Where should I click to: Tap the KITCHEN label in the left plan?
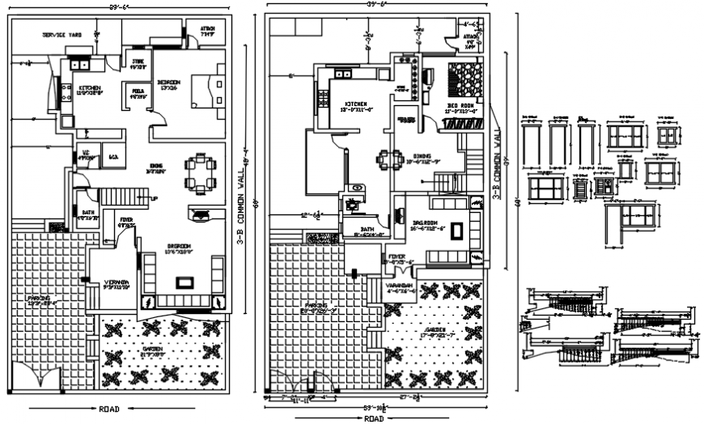(x=89, y=88)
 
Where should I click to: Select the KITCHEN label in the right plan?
(x=356, y=104)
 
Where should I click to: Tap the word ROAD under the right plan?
(x=374, y=418)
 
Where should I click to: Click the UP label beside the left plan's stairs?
(x=153, y=197)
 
